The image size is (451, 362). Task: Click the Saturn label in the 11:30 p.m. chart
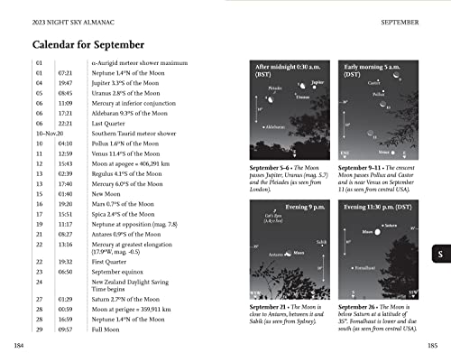coord(390,225)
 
